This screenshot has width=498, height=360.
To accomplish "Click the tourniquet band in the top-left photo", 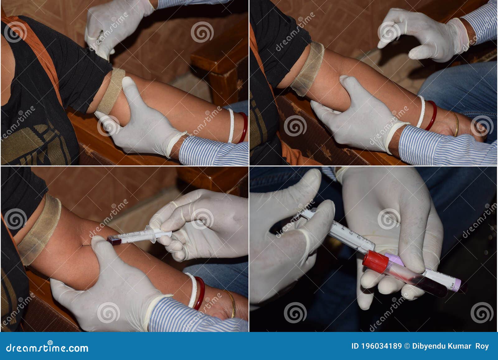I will click(111, 90).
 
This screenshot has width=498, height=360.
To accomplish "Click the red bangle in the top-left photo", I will click(243, 127).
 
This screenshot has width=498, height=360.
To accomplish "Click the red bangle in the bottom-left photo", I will click(200, 293).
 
